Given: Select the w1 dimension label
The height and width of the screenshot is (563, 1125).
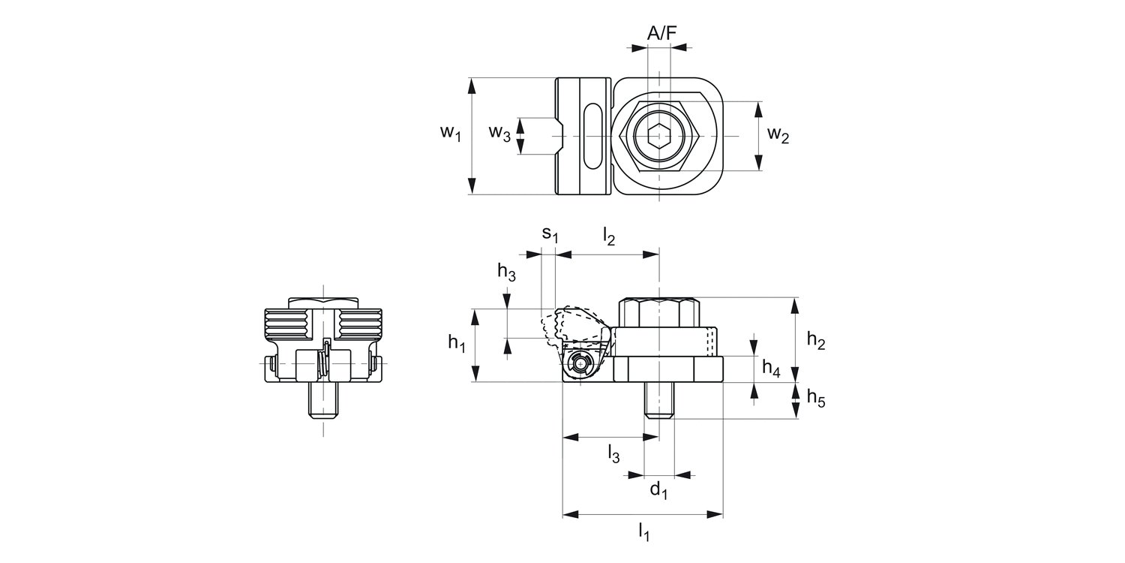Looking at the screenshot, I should point(450,134).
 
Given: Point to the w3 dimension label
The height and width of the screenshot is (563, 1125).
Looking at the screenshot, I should point(499,134).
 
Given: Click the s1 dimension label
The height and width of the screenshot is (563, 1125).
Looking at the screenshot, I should point(550,234).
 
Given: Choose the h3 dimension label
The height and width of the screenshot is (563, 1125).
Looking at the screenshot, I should point(506,272).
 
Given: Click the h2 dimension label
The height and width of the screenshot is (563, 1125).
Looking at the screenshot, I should point(816,340).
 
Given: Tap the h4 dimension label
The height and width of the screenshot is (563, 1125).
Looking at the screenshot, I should point(771,368).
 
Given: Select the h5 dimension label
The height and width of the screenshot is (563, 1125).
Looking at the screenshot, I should point(816,398).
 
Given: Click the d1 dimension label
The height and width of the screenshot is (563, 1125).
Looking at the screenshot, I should point(658,491).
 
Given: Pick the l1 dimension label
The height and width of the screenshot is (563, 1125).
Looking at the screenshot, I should point(643,533).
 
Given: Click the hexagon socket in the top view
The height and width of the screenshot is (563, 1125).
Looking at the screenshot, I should point(659,136).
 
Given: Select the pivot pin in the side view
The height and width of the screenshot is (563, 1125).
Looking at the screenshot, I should point(580,365).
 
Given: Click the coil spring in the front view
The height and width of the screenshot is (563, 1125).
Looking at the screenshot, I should point(325,360).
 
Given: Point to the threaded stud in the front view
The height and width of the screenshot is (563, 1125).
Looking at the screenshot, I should point(324,401).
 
